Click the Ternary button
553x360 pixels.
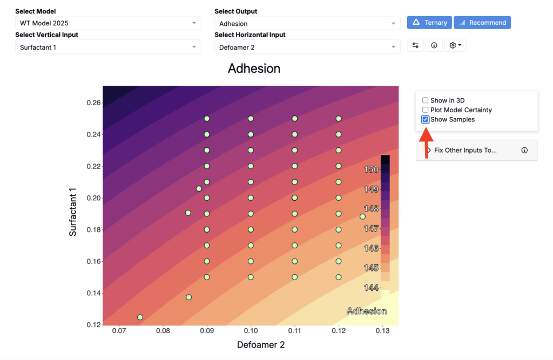[429, 23]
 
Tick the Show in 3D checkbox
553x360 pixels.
[426, 100]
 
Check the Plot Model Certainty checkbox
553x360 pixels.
[426, 110]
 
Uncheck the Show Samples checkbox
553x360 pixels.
[426, 119]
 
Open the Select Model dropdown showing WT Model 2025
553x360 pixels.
[108, 23]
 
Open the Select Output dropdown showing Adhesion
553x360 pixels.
[307, 23]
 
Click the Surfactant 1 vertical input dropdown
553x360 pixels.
[108, 47]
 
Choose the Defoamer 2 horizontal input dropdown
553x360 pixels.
[307, 47]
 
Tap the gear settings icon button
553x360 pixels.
[455, 45]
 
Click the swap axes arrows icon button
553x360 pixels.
[415, 45]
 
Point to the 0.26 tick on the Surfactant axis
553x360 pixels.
[93, 103]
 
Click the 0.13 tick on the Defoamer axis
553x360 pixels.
[383, 331]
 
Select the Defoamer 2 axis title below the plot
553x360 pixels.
[261, 345]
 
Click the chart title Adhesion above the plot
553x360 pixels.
[254, 69]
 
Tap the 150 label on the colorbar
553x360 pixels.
[371, 169]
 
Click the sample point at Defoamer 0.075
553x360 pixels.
[140, 317]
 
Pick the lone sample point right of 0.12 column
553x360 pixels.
[362, 216]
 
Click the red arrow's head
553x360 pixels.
[427, 134]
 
